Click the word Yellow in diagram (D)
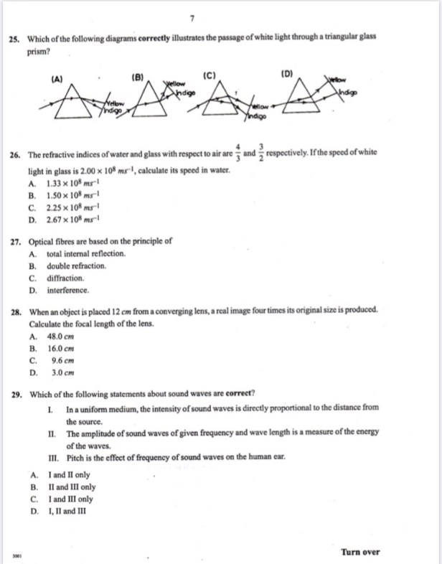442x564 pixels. tap(337, 78)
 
